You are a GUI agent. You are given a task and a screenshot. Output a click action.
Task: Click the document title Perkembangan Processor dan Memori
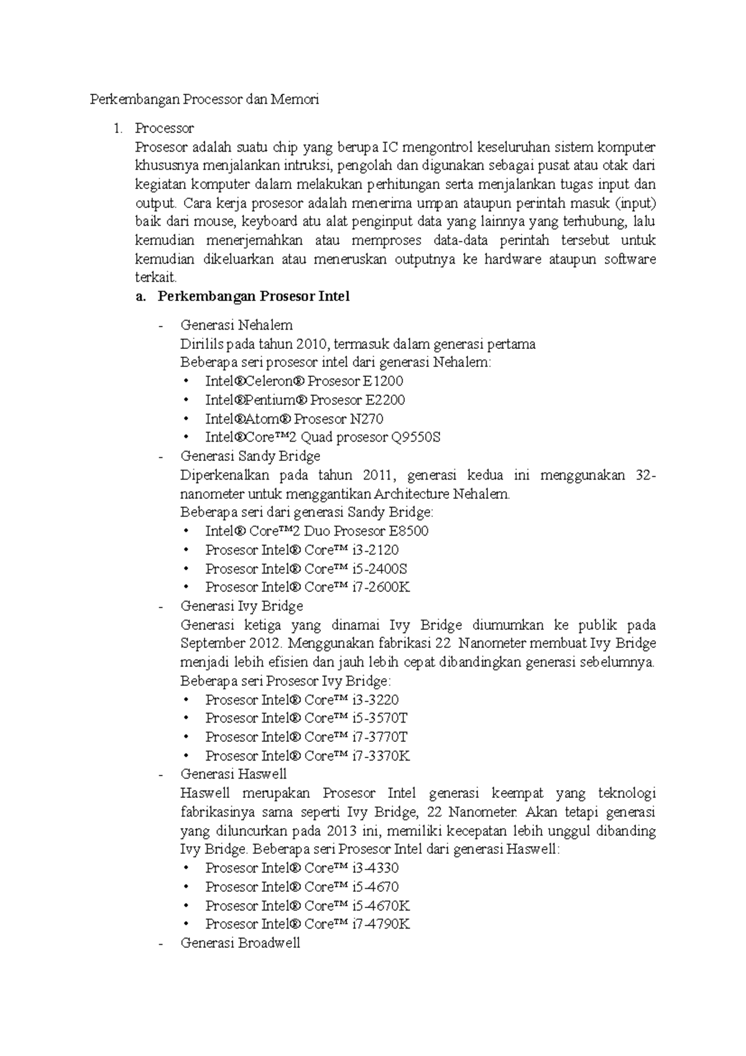tap(205, 99)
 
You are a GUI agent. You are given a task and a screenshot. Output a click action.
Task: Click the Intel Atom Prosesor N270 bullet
tap(294, 419)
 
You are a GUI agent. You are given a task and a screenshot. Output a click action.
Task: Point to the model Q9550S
tap(415, 437)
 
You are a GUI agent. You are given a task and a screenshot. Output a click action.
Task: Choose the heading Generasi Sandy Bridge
tap(250, 456)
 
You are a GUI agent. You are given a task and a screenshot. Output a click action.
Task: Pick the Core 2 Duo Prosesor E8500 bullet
tap(316, 530)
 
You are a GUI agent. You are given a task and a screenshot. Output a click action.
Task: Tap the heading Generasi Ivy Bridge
tap(241, 605)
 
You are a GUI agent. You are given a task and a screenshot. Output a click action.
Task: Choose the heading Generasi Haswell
tap(233, 774)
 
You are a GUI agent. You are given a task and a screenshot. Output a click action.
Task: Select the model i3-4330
tap(375, 868)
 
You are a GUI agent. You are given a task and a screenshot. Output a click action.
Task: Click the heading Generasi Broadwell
tap(240, 942)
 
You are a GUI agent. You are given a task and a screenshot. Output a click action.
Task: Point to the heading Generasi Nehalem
tap(236, 325)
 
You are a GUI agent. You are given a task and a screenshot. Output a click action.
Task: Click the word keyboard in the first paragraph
tap(271, 221)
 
